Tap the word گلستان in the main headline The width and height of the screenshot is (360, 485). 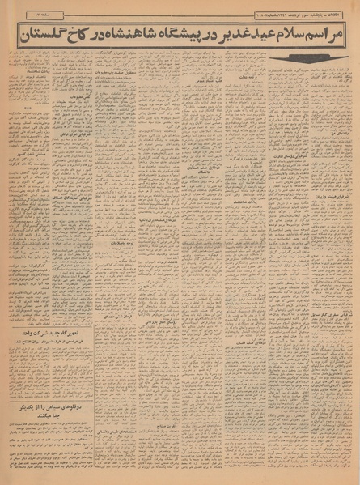tap(49, 36)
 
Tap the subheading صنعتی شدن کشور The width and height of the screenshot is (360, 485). tap(53, 246)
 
